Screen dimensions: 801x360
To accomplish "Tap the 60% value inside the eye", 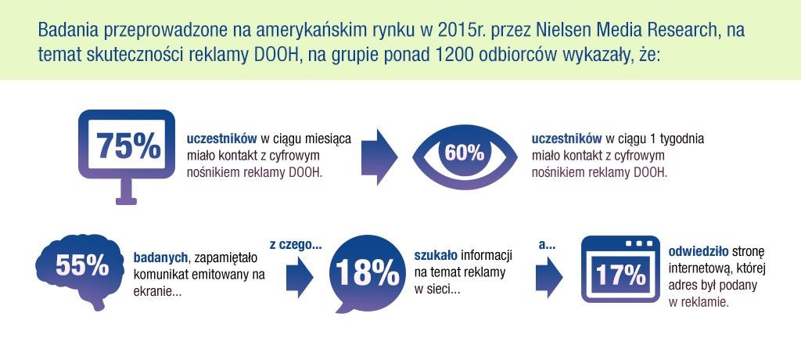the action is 464,153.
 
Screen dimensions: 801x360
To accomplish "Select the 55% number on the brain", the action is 82,265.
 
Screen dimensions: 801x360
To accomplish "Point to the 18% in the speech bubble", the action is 368,274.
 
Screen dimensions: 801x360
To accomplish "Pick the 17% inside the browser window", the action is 620,275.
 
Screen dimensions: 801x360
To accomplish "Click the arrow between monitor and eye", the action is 379,157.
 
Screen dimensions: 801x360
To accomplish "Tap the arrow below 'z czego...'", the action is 300,277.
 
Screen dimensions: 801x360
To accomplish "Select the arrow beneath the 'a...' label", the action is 549,277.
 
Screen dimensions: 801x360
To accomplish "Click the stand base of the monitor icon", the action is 126,201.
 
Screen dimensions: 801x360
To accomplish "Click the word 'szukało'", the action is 436,255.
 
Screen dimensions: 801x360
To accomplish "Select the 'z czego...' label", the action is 296,245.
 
